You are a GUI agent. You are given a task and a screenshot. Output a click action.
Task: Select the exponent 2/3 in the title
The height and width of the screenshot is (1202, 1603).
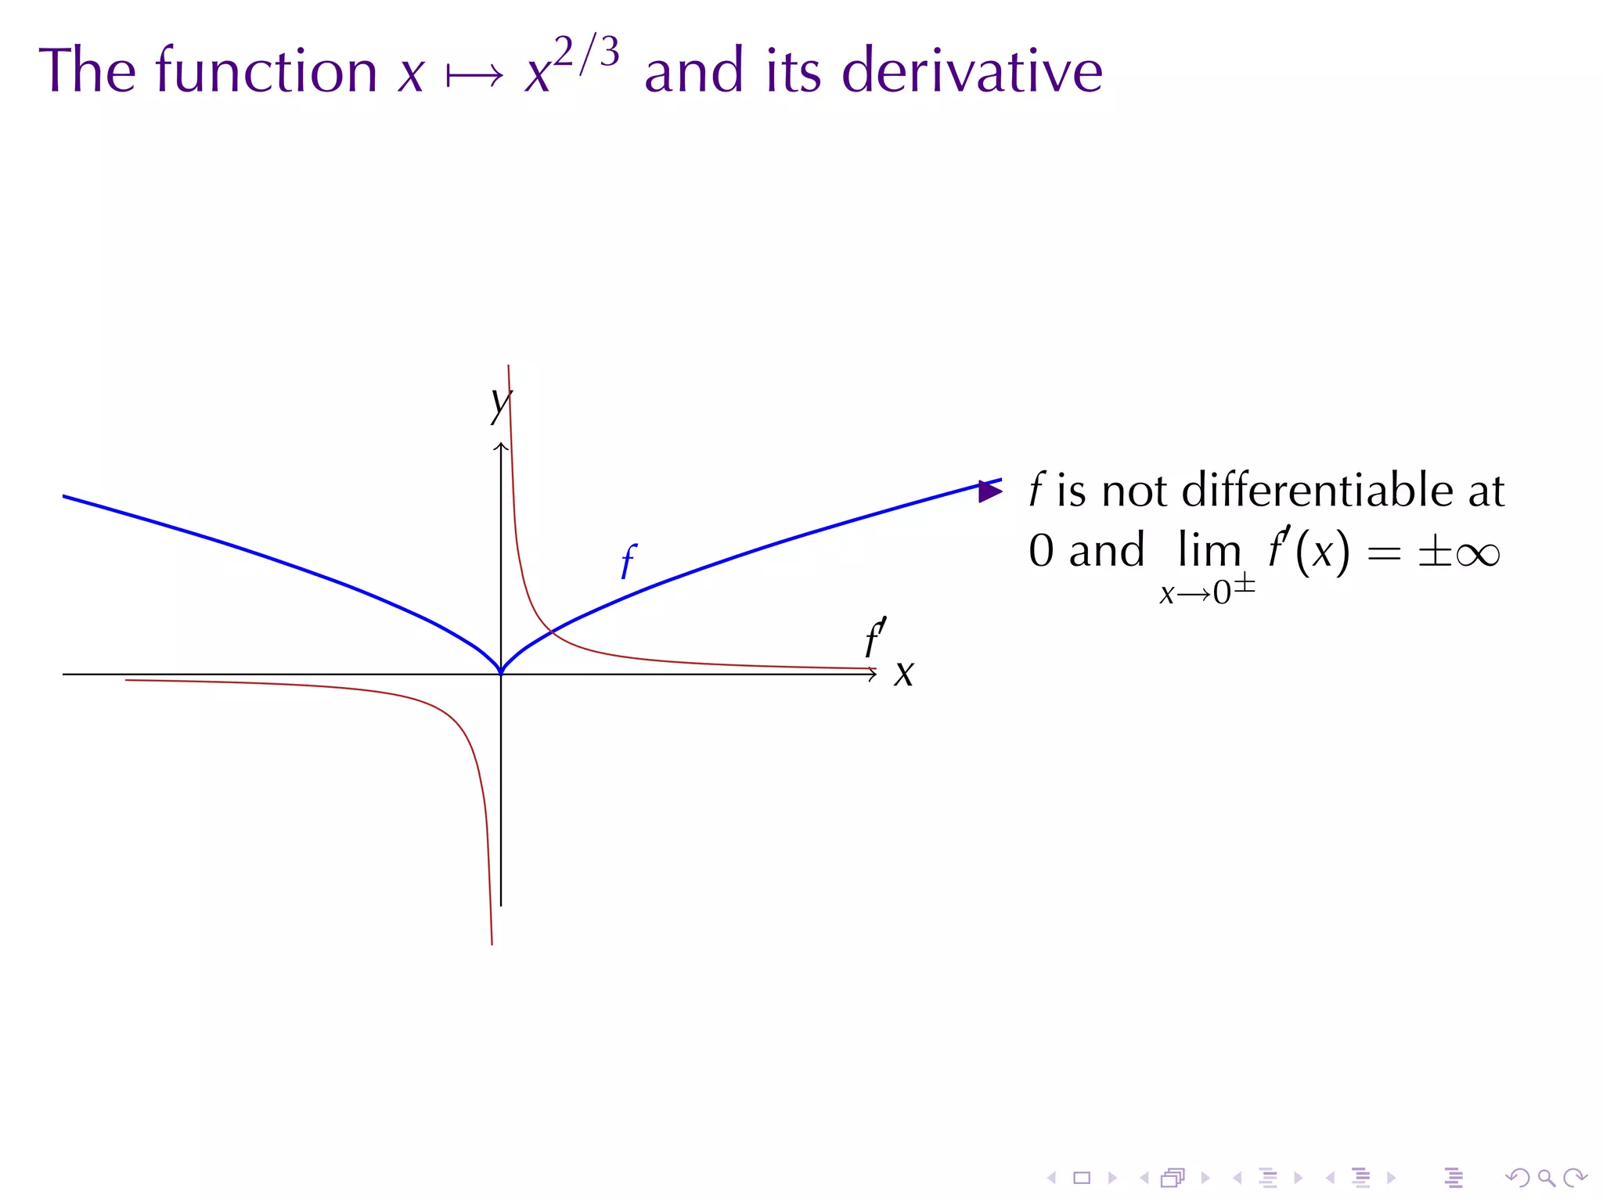[x=586, y=53]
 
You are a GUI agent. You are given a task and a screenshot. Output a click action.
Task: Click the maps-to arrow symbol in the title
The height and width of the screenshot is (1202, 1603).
[x=474, y=77]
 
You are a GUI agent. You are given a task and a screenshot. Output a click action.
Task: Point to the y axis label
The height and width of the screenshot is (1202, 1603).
[x=499, y=404]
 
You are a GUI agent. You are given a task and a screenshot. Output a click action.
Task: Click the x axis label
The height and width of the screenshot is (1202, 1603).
[x=904, y=673]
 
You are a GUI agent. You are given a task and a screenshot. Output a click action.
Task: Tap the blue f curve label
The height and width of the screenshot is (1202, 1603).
[x=628, y=561]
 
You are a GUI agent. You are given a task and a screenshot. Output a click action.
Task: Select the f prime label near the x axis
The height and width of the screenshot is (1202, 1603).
[x=875, y=638]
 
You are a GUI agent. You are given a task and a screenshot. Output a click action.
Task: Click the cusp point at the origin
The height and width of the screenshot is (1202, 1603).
[x=501, y=672]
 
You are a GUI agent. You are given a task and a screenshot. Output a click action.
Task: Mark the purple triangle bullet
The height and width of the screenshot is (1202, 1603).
[x=989, y=491]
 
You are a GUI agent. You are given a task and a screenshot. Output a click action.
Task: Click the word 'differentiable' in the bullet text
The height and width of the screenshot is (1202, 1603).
[x=1317, y=491]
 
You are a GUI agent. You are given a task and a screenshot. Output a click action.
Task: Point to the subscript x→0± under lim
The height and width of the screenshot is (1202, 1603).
[x=1206, y=592]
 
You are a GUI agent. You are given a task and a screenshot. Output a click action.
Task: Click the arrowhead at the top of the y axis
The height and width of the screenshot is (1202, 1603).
[x=501, y=447]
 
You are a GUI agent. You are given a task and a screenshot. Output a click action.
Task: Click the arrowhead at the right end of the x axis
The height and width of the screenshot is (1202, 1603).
[x=872, y=674]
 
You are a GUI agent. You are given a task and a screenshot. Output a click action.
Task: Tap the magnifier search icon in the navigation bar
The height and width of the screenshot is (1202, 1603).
[x=1546, y=1177]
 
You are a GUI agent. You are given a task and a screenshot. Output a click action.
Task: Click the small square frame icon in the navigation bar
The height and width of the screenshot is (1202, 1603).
[x=1082, y=1178]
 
